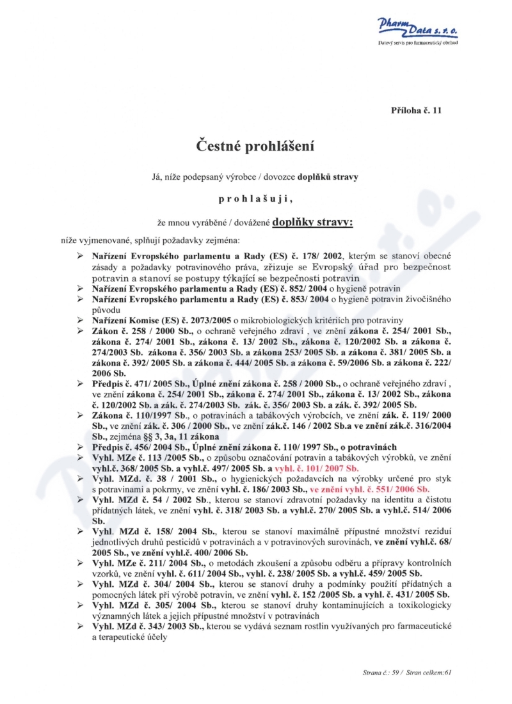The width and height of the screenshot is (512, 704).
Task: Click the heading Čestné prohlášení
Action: click(x=255, y=146)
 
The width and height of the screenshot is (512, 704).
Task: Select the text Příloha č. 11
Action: click(x=416, y=110)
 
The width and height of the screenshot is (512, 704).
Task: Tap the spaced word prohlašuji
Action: click(x=255, y=199)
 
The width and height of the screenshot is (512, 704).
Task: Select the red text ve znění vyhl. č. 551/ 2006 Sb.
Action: click(x=374, y=488)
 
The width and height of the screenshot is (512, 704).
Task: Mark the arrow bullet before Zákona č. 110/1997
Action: click(x=81, y=415)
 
